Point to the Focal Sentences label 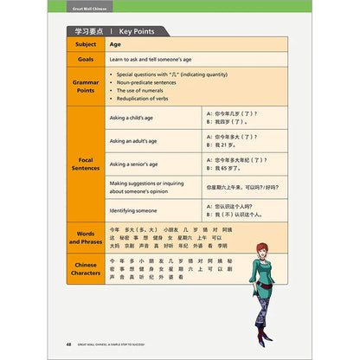pyautogui.click(x=86, y=164)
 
